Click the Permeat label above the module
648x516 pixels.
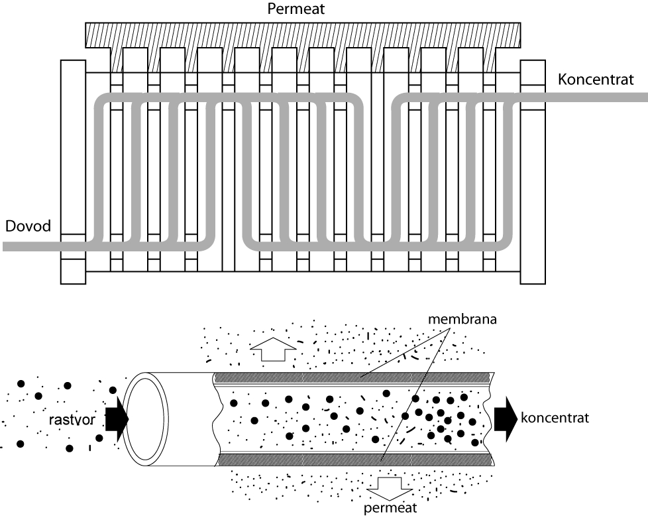pos(296,9)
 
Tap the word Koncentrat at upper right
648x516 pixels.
pos(596,79)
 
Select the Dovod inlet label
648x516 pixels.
pos(28,226)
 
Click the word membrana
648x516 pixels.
pos(462,320)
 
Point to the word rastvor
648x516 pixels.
pos(72,420)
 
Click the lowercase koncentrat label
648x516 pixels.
pos(555,418)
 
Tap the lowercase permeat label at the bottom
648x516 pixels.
pos(390,508)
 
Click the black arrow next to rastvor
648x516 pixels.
pos(117,419)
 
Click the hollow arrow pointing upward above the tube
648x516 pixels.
pos(273,350)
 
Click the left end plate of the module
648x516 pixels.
pos(73,172)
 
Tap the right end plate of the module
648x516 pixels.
pos(533,172)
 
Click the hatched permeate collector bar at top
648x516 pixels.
pos(303,35)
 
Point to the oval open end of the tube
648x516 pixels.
pos(146,419)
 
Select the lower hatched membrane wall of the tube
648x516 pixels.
pos(354,460)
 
